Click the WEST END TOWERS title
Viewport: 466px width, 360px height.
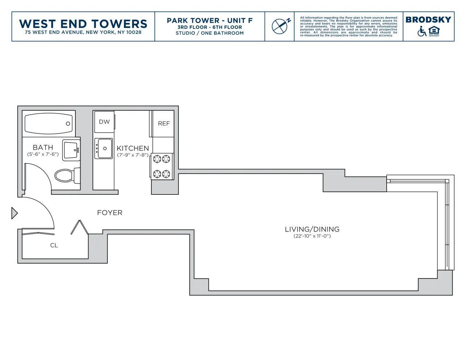(x=83, y=24)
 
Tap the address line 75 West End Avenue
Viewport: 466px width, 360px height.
(x=83, y=32)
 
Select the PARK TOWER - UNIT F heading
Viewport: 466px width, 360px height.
(x=210, y=20)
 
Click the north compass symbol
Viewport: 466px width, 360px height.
(x=280, y=26)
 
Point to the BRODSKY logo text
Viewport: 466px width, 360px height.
(x=428, y=20)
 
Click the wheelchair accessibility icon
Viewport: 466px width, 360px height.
(x=422, y=31)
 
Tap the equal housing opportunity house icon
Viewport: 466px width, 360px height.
(x=434, y=31)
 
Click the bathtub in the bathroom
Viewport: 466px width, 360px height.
(x=48, y=123)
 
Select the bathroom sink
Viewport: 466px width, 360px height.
(x=71, y=150)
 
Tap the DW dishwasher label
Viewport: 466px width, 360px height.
(x=104, y=122)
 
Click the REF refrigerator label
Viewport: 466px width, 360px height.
(x=164, y=124)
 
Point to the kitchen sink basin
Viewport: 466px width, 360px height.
(x=104, y=148)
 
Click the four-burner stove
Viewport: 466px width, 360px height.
(x=162, y=166)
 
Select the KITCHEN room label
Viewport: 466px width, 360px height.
(x=133, y=148)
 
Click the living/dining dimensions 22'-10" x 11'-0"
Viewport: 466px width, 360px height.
(x=312, y=236)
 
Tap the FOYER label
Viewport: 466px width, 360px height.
(x=110, y=213)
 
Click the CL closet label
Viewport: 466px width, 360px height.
(x=54, y=245)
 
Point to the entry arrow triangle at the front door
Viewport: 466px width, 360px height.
(x=14, y=213)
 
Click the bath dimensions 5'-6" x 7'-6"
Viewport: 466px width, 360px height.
(x=43, y=154)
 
